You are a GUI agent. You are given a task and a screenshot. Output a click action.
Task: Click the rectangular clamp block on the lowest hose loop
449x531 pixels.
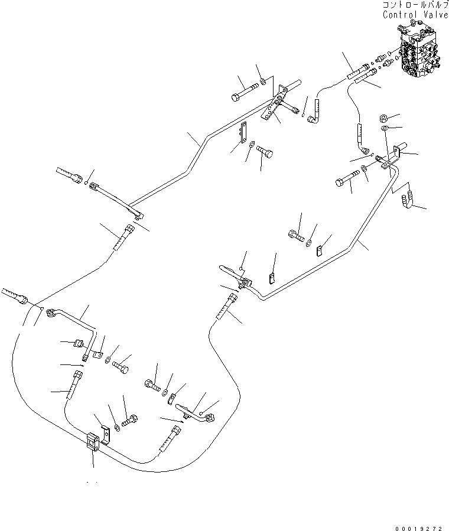pos(93,442)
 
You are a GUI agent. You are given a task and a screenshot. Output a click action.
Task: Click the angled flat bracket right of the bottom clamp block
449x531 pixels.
pos(104,434)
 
